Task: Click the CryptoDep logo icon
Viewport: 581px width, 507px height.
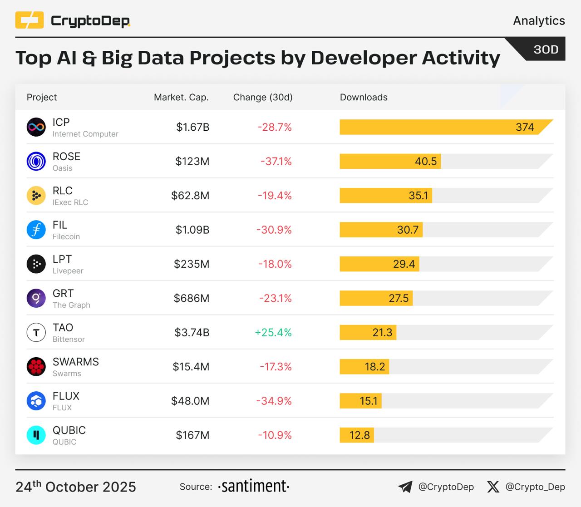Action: point(30,20)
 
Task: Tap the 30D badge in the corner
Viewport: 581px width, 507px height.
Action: point(545,49)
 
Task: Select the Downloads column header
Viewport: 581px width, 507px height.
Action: point(364,97)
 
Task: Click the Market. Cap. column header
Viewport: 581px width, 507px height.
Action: point(181,97)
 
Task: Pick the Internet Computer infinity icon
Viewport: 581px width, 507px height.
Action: point(36,127)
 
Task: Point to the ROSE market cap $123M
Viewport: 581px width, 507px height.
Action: point(192,161)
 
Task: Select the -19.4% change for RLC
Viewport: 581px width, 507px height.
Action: point(275,196)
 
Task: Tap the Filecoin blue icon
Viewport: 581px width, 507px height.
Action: point(36,230)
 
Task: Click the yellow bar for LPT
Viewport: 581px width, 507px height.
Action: point(379,264)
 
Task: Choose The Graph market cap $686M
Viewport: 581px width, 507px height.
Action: point(192,298)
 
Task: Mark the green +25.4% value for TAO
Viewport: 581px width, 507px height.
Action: point(273,332)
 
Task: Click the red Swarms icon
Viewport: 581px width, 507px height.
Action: point(36,367)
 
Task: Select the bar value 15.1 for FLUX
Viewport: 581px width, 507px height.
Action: point(368,401)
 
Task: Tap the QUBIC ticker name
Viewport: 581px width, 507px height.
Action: point(69,430)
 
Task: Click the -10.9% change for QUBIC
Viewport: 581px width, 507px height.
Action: point(275,435)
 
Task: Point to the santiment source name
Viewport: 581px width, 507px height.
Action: point(254,486)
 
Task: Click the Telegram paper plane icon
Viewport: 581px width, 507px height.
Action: point(405,487)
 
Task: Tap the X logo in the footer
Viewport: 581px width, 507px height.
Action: point(493,487)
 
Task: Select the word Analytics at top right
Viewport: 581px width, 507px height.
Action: point(539,20)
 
